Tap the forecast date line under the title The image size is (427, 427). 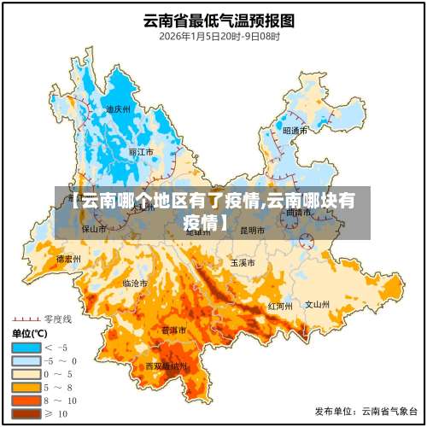(213, 37)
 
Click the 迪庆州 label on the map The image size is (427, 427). (118, 110)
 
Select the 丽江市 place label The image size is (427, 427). (141, 152)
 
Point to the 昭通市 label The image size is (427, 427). (295, 131)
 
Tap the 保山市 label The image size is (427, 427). (94, 229)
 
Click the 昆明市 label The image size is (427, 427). (253, 230)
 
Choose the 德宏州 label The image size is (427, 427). (68, 258)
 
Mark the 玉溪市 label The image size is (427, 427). (243, 262)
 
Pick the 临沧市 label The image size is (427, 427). (135, 283)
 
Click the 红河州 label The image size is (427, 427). (280, 305)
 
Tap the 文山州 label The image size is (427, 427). (318, 303)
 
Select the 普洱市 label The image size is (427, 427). (175, 330)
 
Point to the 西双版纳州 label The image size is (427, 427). (165, 366)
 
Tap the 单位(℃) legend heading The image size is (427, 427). (28, 333)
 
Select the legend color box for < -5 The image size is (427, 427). (26, 348)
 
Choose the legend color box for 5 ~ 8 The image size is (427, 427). (26, 387)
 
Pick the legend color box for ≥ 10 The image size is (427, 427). (26, 413)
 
